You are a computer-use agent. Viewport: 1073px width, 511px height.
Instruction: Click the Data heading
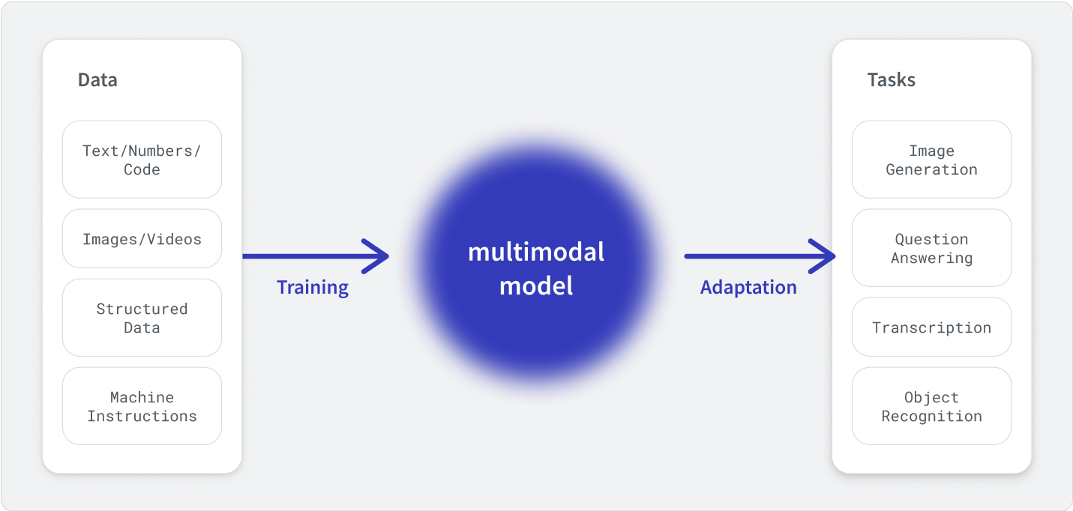97,80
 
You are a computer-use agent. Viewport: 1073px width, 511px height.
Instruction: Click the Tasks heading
892,80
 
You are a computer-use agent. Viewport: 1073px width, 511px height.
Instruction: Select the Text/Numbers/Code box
142,160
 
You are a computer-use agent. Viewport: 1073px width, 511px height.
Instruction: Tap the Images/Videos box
142,238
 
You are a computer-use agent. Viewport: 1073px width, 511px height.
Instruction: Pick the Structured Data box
142,318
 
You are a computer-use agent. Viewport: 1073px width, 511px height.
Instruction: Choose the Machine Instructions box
142,406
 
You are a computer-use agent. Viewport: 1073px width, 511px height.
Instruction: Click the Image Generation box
932,160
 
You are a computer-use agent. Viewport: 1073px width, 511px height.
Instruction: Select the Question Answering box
932,248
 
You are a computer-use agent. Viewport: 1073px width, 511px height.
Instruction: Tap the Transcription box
932,327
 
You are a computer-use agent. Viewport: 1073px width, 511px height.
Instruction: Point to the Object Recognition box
932,406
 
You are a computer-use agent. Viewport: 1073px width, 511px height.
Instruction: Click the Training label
313,288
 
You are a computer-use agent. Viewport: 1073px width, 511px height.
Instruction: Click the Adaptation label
749,288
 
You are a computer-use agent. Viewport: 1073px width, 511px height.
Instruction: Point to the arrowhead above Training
376,256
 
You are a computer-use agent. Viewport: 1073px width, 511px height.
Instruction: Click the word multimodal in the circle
536,252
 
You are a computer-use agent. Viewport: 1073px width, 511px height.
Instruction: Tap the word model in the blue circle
536,286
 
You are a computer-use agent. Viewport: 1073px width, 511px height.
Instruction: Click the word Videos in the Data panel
175,239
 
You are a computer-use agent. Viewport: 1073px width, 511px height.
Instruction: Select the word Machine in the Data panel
142,397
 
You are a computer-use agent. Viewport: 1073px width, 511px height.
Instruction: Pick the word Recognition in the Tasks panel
932,417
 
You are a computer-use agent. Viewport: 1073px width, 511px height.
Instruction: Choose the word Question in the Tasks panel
932,239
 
